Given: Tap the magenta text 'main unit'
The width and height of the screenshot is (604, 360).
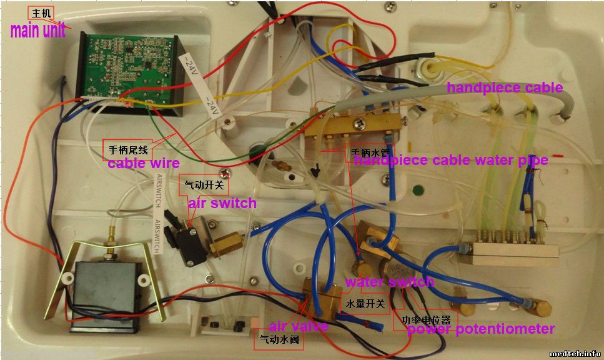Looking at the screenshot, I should tap(37, 31).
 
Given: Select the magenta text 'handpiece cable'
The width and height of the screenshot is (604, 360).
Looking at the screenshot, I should tap(504, 87).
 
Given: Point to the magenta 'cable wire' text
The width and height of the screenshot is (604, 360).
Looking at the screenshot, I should tap(144, 164).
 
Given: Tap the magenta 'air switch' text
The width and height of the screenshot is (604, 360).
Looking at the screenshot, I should tap(222, 203).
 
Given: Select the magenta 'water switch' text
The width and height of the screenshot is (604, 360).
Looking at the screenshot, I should tap(389, 282).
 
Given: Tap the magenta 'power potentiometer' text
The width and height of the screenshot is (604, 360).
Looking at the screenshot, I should tap(481, 329).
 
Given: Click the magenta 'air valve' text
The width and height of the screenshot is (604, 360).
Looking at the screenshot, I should tap(298, 326).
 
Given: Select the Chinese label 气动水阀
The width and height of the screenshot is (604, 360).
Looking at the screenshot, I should tap(279, 341).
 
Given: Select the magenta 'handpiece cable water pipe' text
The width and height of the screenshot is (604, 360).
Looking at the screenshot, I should tap(451, 160).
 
